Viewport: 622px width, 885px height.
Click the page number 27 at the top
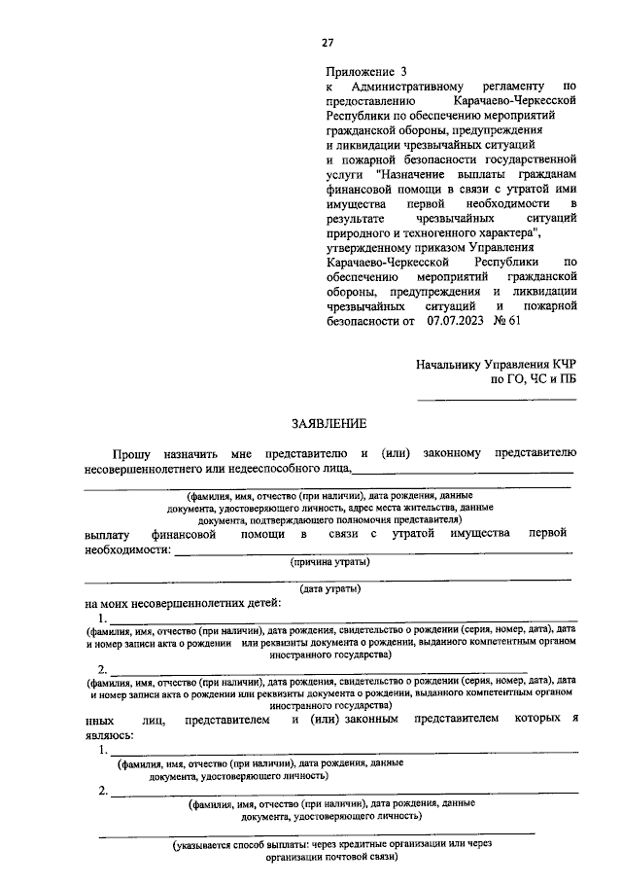point(328,42)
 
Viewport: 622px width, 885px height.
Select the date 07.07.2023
point(451,319)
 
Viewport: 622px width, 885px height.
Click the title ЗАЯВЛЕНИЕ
point(330,423)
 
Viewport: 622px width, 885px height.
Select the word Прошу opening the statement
point(130,452)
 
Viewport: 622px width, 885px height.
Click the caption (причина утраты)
point(330,561)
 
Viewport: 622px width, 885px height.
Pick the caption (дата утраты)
point(330,588)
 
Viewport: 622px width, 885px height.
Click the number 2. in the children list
point(102,669)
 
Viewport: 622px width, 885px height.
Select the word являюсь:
point(109,735)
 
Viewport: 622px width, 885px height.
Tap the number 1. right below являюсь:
point(102,750)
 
